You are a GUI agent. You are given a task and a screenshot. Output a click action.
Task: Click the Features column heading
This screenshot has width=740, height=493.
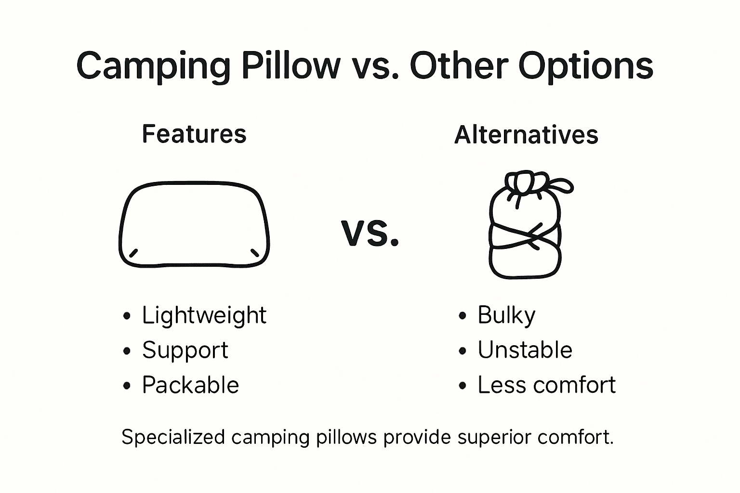[x=194, y=134]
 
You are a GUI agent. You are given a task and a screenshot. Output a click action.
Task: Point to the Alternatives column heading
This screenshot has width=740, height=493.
[x=526, y=135]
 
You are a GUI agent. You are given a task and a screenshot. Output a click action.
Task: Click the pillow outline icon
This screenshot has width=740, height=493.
[x=194, y=224]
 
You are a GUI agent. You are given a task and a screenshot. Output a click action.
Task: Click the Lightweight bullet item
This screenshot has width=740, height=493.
[x=204, y=316]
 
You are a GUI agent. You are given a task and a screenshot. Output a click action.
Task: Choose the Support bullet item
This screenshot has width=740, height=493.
[x=185, y=350]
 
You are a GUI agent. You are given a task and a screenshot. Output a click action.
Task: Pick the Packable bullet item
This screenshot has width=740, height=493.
[x=190, y=385]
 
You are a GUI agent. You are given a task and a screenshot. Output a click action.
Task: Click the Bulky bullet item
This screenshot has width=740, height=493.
[x=506, y=316]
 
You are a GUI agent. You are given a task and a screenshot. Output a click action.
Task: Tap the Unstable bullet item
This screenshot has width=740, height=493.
[x=525, y=350]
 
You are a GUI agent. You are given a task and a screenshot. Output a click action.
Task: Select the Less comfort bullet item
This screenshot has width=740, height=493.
[x=546, y=385]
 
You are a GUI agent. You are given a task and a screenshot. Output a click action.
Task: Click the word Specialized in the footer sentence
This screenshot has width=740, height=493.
[x=173, y=437]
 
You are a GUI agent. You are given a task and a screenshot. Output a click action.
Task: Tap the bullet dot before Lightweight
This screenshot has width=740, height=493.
[x=127, y=316]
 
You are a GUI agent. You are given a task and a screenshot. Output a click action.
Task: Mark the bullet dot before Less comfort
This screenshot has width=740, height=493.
[x=462, y=386]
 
